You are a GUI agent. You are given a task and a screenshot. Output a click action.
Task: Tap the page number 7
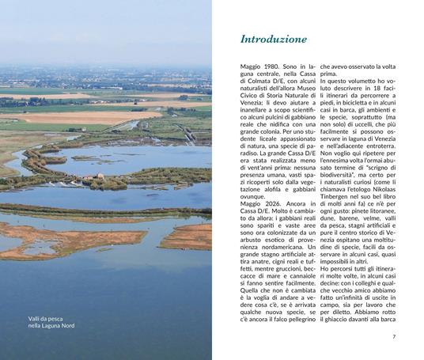pos(393,336)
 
